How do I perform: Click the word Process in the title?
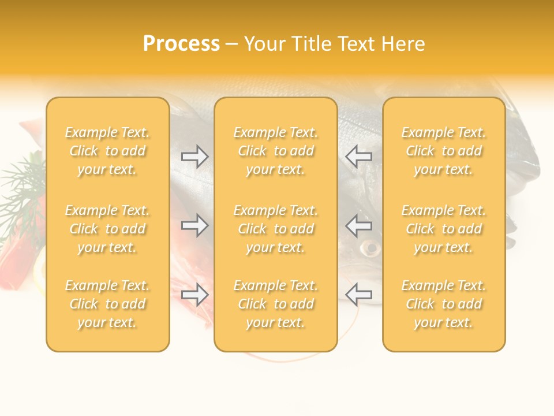tap(181, 44)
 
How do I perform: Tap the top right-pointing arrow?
tap(194, 157)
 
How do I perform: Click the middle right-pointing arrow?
tap(194, 225)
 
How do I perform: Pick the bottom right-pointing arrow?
tap(194, 295)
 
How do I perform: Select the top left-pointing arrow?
tap(359, 157)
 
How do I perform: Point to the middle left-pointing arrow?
tap(359, 225)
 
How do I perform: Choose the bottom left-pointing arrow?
tap(359, 295)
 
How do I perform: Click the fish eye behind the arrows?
tap(370, 249)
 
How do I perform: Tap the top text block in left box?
tap(107, 151)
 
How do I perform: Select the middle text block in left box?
tap(107, 229)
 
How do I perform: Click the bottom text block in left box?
tap(107, 304)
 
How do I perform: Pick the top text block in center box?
tap(275, 151)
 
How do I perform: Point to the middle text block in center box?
tap(275, 229)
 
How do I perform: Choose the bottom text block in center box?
tap(275, 304)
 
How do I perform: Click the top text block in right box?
tap(444, 151)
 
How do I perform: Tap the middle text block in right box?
tap(444, 229)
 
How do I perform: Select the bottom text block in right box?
tap(444, 304)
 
